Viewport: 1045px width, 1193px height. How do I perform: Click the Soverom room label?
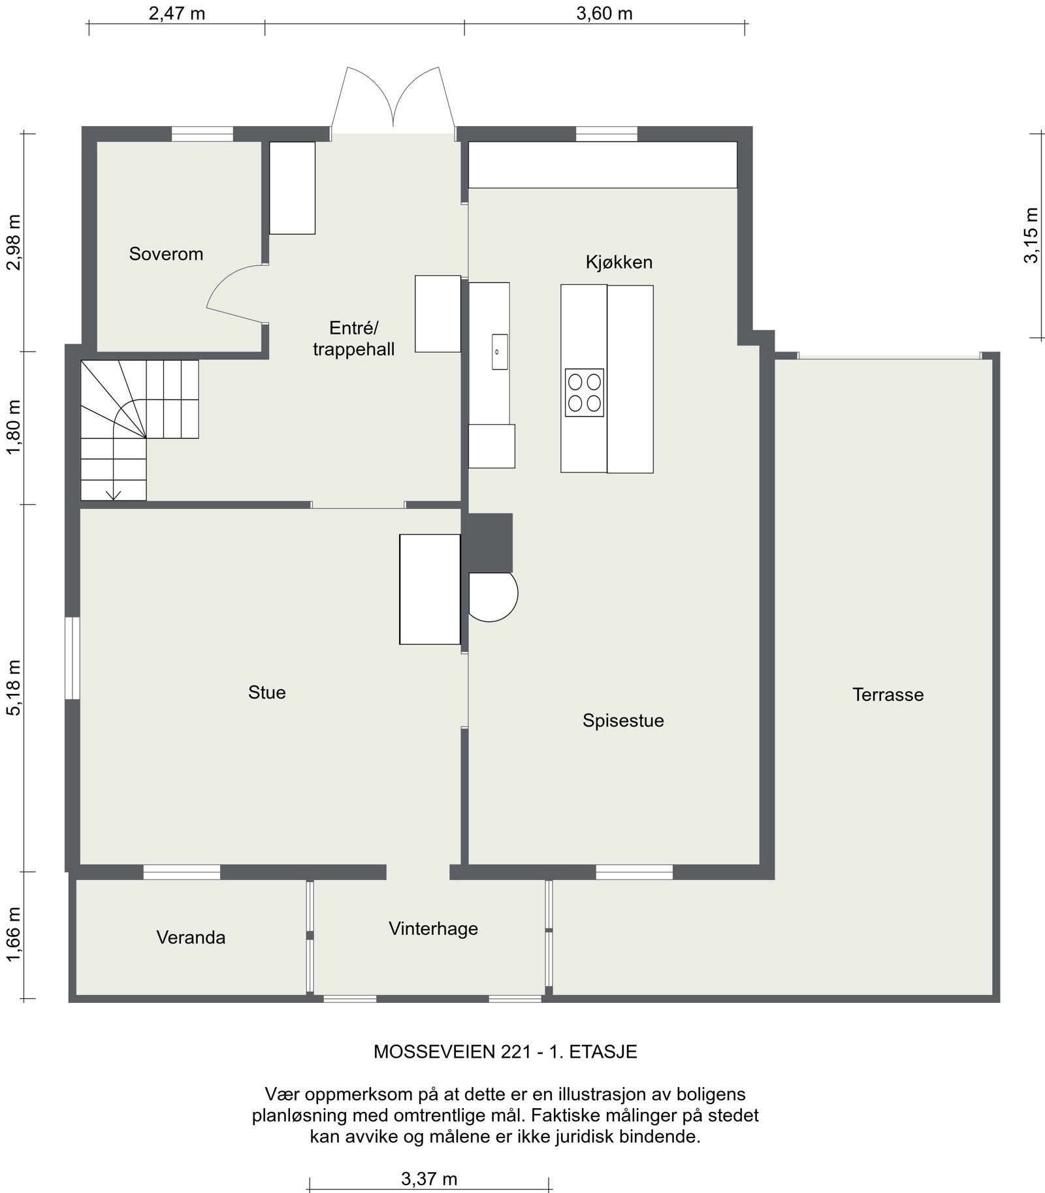click(166, 253)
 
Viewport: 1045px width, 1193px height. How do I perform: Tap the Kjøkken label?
click(619, 262)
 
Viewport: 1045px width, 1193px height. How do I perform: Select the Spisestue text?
click(623, 720)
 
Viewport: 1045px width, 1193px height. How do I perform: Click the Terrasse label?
click(888, 694)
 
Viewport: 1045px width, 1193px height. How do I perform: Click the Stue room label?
click(266, 692)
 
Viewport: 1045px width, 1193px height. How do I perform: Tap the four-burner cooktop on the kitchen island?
click(584, 392)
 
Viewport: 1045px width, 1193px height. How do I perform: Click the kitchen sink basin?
click(500, 351)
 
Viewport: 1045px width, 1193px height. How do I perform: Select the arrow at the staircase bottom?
click(114, 493)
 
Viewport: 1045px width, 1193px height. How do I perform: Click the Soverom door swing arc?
click(222, 281)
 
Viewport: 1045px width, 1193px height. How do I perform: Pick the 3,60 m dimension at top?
click(604, 13)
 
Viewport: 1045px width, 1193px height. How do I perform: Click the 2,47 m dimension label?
click(177, 13)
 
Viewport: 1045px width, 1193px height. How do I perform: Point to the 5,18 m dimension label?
click(13, 687)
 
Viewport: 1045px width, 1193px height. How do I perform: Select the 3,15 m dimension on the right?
click(1031, 235)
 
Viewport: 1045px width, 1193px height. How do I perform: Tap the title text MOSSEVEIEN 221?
click(505, 1051)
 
